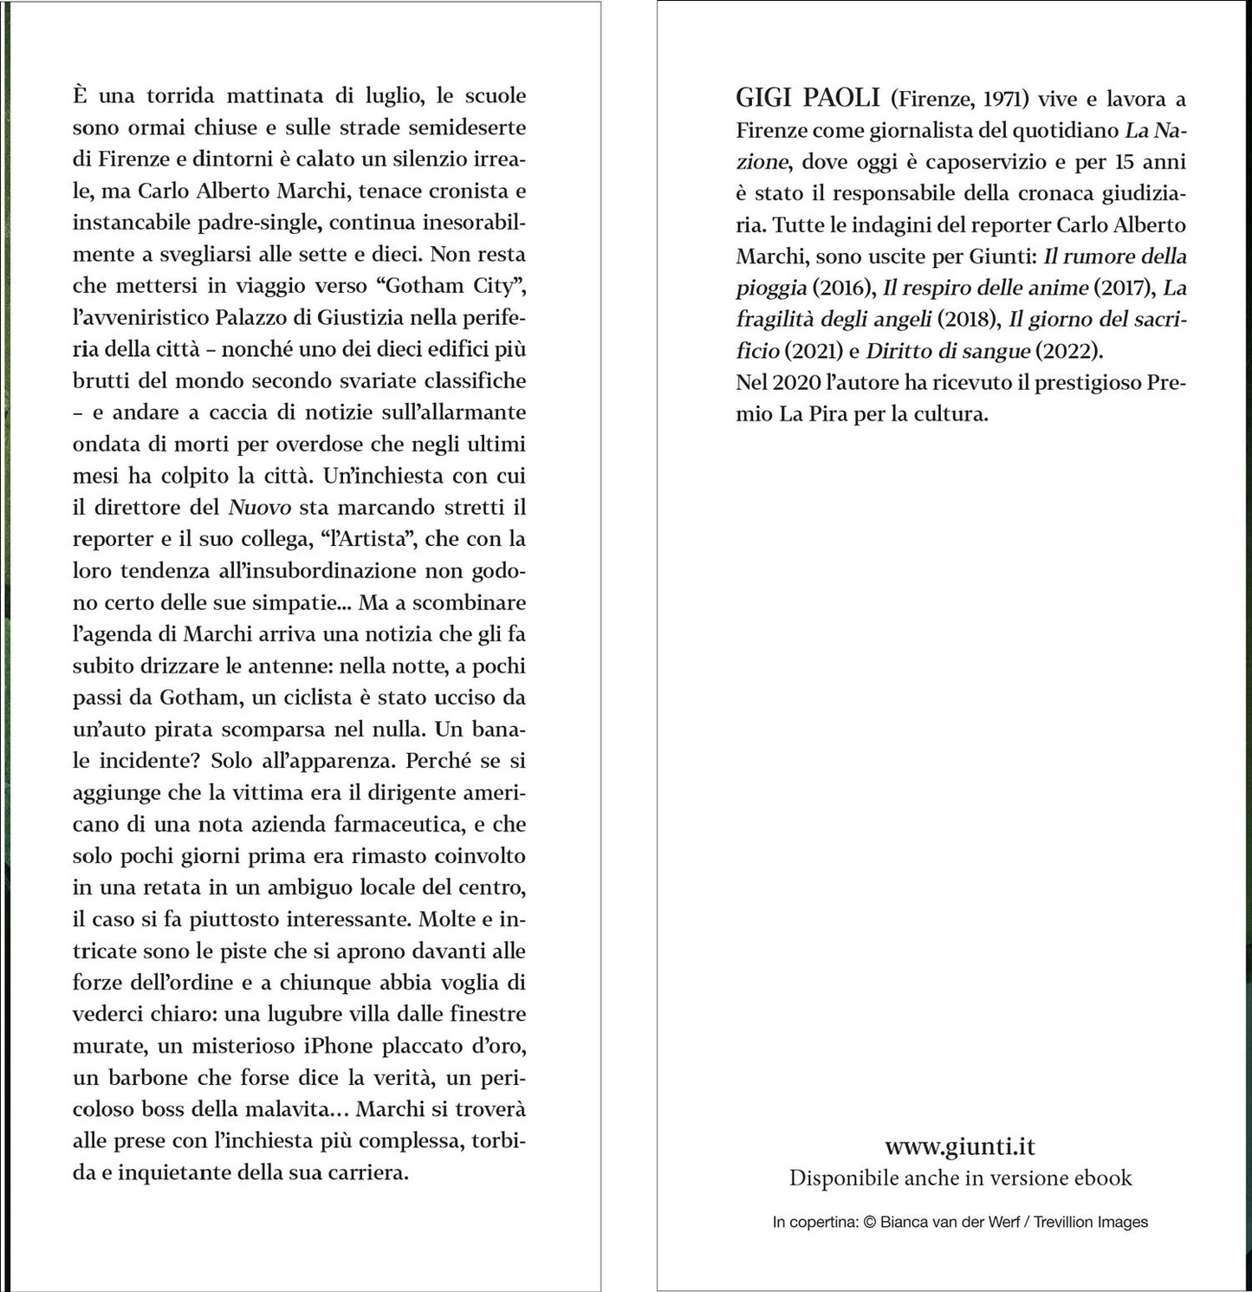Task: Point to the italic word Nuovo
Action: click(255, 508)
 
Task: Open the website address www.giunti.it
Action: click(959, 1146)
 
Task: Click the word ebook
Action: click(1102, 1178)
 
